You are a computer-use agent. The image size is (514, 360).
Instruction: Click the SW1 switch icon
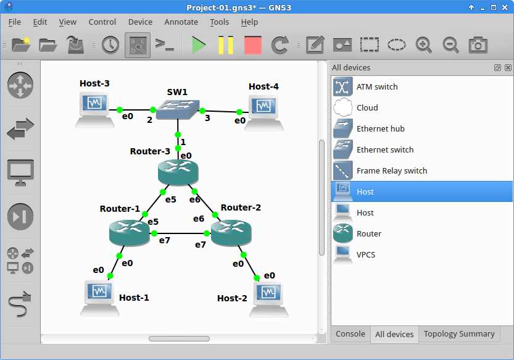tap(178, 111)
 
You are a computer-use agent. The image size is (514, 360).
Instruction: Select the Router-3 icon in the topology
tap(178, 172)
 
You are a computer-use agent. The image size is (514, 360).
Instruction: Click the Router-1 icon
tap(129, 232)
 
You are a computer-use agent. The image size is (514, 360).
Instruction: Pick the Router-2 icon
tap(231, 232)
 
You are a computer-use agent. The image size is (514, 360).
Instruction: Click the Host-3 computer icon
tap(94, 107)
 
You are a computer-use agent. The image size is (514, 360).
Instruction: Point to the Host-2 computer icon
tap(268, 297)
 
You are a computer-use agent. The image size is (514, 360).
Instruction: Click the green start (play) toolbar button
tap(199, 45)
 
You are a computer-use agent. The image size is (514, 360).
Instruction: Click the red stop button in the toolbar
tap(253, 45)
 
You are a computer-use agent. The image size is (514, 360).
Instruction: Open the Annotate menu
tap(181, 22)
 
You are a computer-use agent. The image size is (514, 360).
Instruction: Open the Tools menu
tap(219, 22)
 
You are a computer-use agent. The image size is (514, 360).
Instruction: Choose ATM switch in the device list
tap(376, 87)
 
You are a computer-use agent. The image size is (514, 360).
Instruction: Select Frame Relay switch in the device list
tap(391, 171)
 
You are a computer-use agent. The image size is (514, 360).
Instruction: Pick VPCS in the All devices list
tap(365, 255)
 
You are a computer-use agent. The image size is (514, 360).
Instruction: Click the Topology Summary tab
tap(458, 334)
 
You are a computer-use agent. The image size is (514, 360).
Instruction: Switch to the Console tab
tap(350, 334)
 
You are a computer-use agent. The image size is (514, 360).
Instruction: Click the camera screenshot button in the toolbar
tap(478, 45)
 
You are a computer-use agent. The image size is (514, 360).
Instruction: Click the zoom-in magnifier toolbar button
tap(423, 45)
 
